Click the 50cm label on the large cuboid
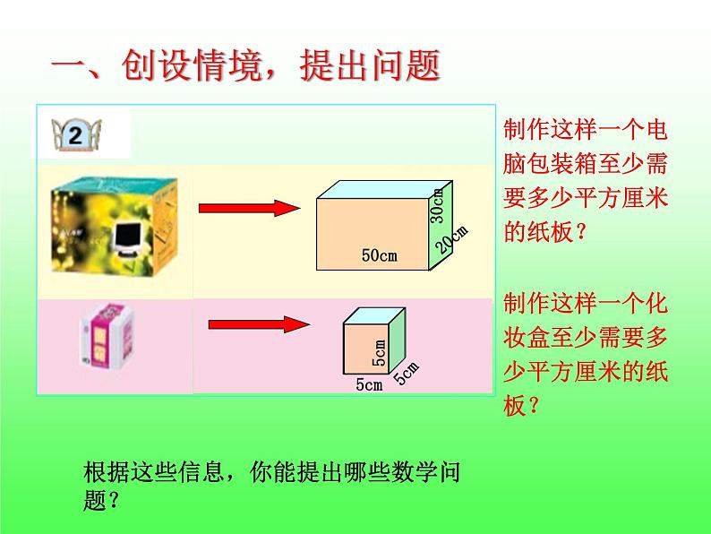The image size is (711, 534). [x=379, y=256]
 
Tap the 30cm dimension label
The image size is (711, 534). [x=437, y=205]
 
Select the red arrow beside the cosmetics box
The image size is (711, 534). [x=259, y=323]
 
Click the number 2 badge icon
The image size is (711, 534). [x=75, y=135]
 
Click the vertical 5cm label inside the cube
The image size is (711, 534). [x=379, y=353]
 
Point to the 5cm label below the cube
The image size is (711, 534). [x=368, y=385]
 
